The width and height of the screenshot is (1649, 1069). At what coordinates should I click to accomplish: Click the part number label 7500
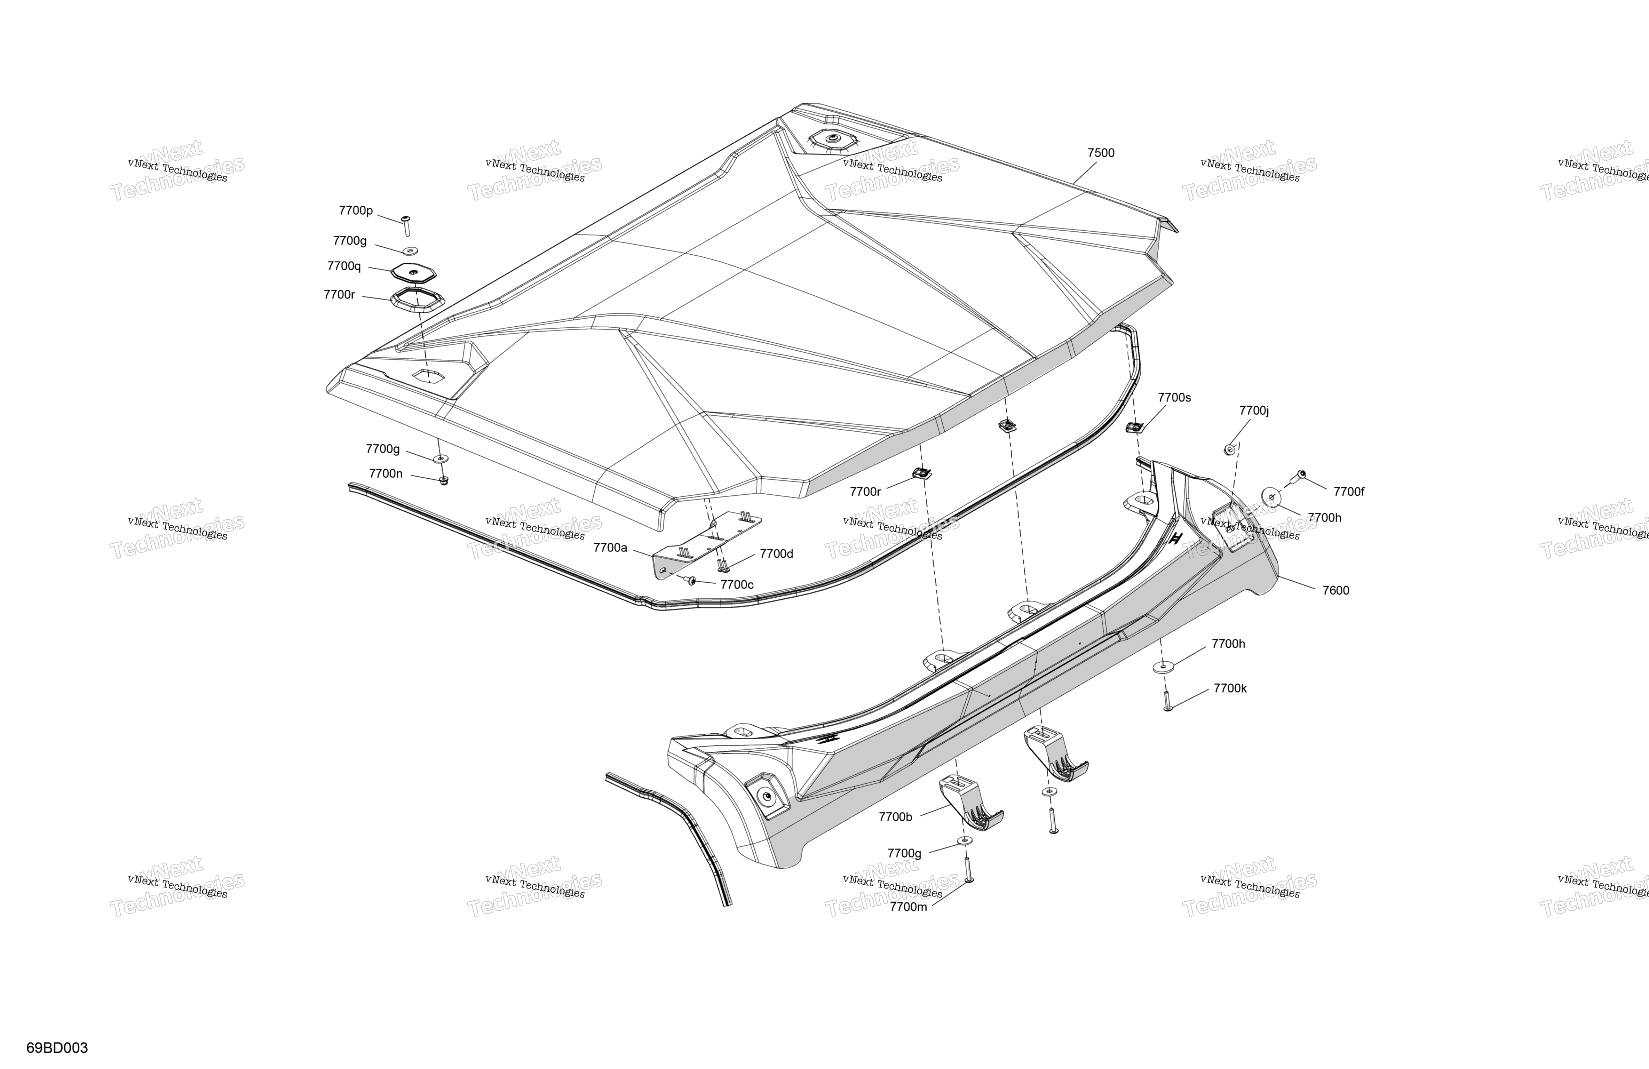pyautogui.click(x=1101, y=153)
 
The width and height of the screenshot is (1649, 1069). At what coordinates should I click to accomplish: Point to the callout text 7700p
pyautogui.click(x=355, y=210)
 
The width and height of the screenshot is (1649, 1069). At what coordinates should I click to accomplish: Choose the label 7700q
pyautogui.click(x=344, y=266)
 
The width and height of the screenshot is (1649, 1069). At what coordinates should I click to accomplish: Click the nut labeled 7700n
pyautogui.click(x=444, y=479)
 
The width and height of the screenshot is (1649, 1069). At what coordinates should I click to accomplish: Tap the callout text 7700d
pyautogui.click(x=777, y=553)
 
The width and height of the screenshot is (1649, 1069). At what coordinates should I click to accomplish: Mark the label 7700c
pyautogui.click(x=737, y=585)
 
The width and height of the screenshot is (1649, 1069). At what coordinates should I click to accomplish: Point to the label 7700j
pyautogui.click(x=1254, y=411)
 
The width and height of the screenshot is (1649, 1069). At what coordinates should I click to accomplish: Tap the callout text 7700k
pyautogui.click(x=1230, y=689)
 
